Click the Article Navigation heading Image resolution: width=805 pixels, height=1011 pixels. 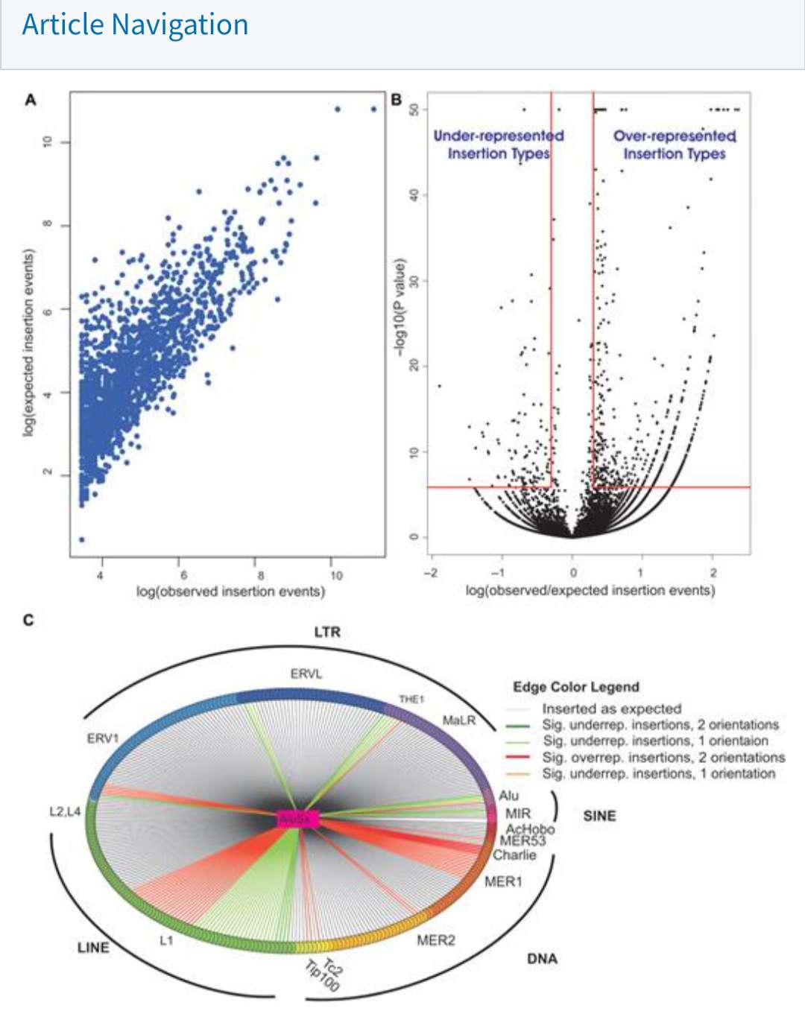coord(135,25)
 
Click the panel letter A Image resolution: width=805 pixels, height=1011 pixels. coord(31,100)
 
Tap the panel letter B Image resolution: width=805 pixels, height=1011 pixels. coord(397,100)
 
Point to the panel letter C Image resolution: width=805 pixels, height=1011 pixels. coord(28,620)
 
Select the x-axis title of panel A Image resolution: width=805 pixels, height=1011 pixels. coord(230,592)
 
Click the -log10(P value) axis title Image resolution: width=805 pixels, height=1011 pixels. coord(400,307)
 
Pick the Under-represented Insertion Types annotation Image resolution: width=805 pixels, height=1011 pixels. coord(499,145)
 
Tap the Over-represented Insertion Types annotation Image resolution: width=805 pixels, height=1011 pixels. coord(675,145)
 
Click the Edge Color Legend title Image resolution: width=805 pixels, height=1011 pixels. coord(576,687)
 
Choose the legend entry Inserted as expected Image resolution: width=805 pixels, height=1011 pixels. coord(611,709)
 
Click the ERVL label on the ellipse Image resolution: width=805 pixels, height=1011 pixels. coord(306,674)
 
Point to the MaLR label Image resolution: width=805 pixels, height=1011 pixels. coord(458,720)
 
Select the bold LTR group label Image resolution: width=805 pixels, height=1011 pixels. coord(327,633)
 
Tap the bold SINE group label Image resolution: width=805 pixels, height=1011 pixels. coord(599,816)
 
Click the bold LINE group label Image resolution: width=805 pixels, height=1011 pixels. coord(93,948)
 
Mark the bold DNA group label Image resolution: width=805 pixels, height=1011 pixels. coord(542,959)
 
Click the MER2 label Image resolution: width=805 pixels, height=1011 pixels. coord(435,940)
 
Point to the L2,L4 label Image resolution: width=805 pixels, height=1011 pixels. coord(65,811)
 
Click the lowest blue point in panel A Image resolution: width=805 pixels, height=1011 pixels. coord(81,539)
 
